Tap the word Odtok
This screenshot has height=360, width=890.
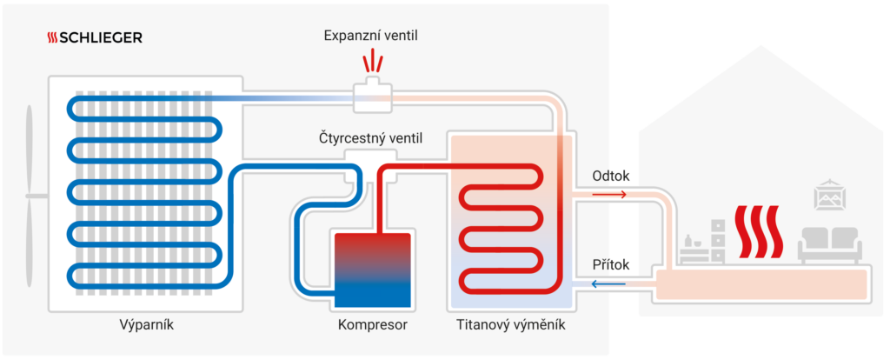click(610, 176)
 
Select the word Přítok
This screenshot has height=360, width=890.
click(610, 264)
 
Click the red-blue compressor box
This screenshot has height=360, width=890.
click(373, 270)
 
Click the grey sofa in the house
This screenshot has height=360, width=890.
click(830, 243)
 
